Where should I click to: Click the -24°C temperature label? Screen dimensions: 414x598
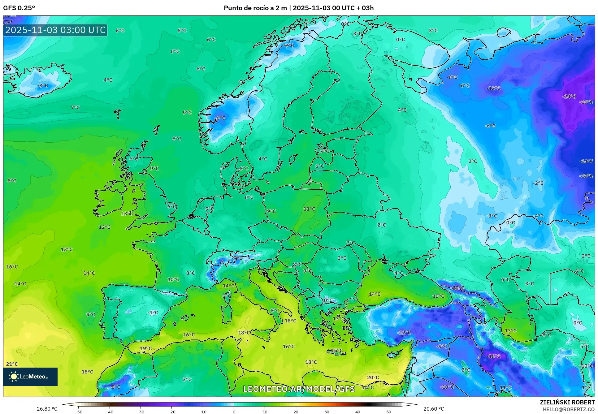569,97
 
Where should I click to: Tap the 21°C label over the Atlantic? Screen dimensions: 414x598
12,364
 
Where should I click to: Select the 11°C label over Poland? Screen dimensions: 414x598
309,209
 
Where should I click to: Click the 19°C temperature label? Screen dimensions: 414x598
146,348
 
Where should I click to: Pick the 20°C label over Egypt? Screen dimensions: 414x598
373,377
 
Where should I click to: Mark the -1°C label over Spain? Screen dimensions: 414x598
153,313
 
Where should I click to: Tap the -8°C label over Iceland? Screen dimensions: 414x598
43,85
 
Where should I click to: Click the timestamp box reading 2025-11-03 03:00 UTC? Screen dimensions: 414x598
55,30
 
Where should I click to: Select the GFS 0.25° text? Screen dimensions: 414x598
19,8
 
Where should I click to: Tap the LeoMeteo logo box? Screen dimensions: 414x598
30,377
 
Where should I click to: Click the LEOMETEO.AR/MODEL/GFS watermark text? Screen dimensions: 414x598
299,389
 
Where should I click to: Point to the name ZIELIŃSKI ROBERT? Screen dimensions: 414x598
567,402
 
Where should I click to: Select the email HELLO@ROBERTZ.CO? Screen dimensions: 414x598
568,409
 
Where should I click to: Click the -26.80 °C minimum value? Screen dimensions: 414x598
46,409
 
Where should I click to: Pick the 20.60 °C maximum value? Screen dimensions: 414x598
433,409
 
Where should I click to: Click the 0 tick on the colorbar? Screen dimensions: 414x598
234,412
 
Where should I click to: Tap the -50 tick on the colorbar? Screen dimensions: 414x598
79,412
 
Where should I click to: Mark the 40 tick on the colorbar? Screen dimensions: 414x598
357,412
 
